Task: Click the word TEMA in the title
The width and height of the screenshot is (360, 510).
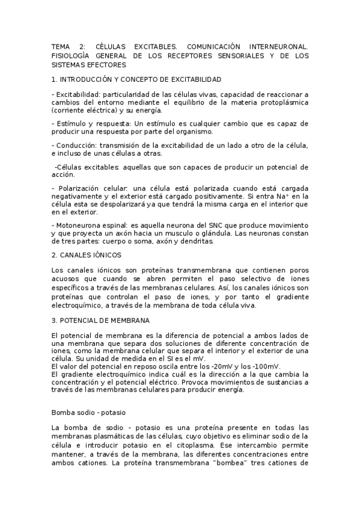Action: (x=61, y=46)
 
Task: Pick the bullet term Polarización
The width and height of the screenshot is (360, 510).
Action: (x=78, y=188)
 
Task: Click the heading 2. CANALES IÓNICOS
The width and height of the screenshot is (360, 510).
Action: (x=86, y=255)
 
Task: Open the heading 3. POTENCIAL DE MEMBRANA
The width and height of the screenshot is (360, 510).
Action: (x=101, y=321)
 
